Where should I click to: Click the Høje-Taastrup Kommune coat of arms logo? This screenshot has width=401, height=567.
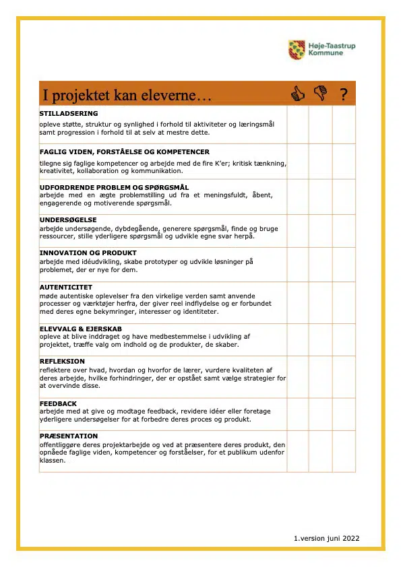click(297, 49)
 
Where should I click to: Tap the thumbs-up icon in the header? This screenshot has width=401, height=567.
click(297, 94)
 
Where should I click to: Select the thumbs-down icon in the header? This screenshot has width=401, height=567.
click(320, 94)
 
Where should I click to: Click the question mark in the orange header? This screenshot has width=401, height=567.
click(344, 95)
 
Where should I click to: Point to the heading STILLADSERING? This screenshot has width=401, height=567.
click(69, 113)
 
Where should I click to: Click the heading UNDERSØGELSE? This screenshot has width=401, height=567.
click(68, 220)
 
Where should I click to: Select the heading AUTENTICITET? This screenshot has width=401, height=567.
click(66, 287)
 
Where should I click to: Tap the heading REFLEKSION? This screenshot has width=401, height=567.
click(62, 362)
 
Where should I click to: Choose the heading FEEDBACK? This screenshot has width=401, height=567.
click(58, 403)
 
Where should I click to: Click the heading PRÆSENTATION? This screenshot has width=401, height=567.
click(69, 436)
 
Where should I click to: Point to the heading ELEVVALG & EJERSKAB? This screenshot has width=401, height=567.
click(80, 329)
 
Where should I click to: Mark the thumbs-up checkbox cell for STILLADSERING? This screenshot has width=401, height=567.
click(297, 125)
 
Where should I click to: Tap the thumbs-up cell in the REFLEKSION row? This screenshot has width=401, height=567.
click(297, 376)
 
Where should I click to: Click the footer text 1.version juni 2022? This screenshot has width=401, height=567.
click(326, 538)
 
